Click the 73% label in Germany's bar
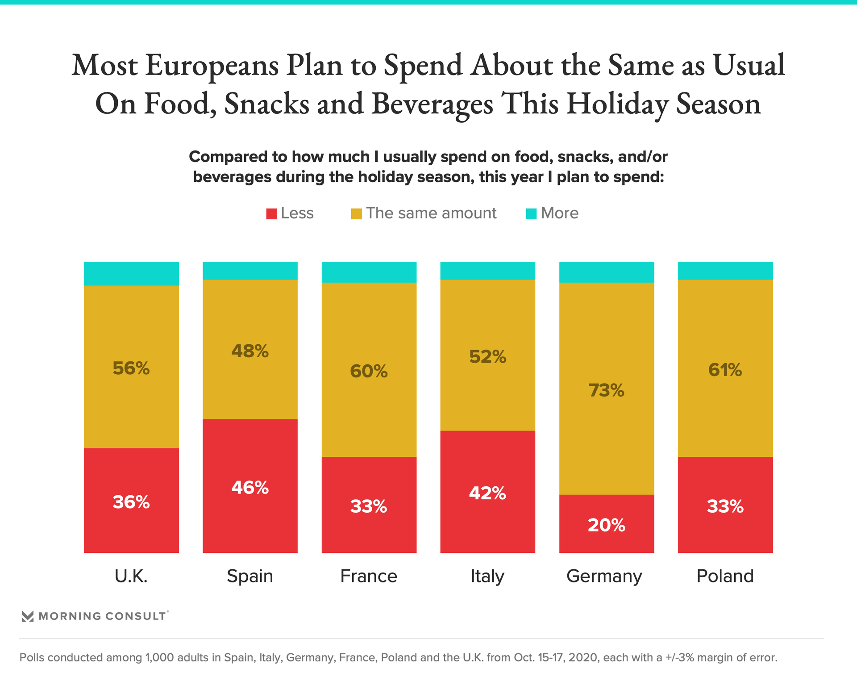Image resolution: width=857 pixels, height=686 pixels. tap(606, 391)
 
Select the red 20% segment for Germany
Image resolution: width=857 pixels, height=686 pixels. tap(607, 523)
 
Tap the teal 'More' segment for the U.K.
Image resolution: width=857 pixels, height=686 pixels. tap(131, 274)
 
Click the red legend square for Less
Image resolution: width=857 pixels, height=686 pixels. tap(271, 214)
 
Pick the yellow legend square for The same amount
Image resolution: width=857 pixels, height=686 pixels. tap(356, 214)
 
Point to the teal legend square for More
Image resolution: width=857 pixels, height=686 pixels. tap(531, 214)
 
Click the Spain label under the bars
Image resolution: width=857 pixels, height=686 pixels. tap(250, 576)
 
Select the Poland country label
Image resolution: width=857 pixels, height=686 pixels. tap(725, 576)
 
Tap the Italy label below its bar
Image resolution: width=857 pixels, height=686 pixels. tap(487, 576)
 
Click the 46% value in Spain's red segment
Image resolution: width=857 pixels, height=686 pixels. tap(250, 488)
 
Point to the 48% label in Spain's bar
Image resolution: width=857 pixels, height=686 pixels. tap(250, 351)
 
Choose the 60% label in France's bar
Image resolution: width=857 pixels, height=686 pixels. tap(369, 371)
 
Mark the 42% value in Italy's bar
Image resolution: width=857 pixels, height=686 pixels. tap(487, 494)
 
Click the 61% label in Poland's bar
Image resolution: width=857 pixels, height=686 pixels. tap(725, 370)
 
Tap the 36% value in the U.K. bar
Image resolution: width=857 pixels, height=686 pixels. tap(131, 502)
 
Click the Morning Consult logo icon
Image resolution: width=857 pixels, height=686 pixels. tap(28, 616)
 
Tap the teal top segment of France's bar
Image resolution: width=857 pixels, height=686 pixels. tap(369, 272)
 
